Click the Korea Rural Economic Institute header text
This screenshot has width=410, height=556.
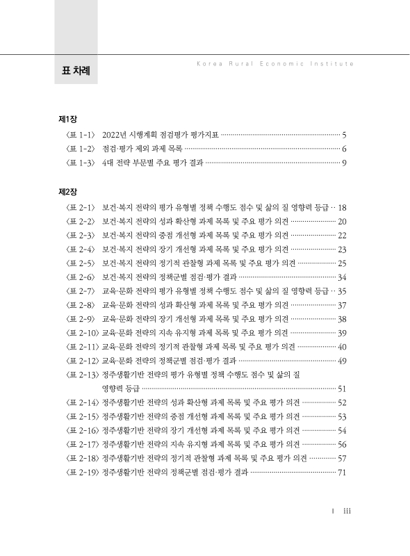[271, 63]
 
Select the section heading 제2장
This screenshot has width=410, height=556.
[68, 191]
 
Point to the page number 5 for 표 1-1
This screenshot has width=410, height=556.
[344, 135]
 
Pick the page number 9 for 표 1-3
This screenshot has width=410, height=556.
[344, 163]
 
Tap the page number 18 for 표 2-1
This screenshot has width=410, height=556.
[342, 207]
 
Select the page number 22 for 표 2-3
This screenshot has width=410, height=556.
[342, 235]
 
